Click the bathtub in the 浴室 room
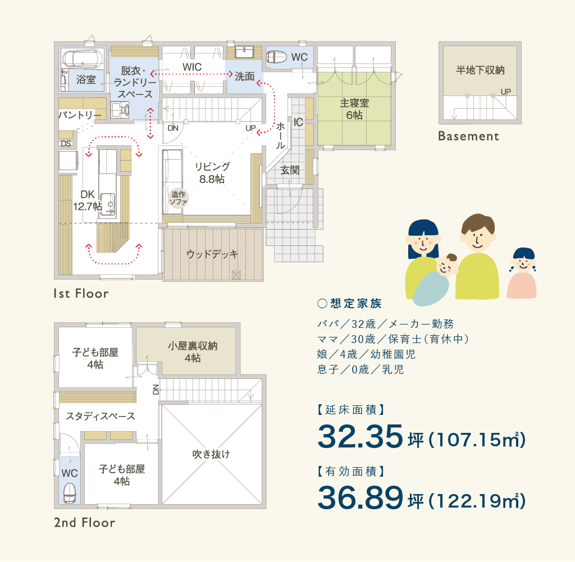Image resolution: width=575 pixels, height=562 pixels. (x=83, y=58)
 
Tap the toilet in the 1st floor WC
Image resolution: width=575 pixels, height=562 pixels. (x=276, y=57)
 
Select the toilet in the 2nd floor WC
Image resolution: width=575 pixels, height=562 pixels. (x=69, y=492)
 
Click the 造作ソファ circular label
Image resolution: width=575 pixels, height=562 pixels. (x=179, y=198)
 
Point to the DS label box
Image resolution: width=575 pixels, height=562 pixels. (x=66, y=144)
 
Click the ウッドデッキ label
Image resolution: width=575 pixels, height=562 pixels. (x=212, y=254)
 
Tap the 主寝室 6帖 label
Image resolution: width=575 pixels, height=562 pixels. (x=354, y=109)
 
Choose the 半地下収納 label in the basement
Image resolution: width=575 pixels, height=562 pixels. (x=480, y=70)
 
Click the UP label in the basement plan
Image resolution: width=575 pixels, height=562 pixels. (x=506, y=92)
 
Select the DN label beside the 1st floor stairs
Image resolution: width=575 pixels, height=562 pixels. (x=173, y=128)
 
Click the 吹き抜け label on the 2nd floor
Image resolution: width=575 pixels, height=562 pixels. (x=211, y=454)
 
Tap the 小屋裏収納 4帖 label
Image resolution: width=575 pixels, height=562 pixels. (x=193, y=351)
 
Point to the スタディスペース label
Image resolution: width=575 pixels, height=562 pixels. (x=101, y=415)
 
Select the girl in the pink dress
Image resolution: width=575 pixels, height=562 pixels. (x=522, y=273)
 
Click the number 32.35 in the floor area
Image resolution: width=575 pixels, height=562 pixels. (x=360, y=436)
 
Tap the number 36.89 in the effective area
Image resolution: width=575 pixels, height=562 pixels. (x=360, y=497)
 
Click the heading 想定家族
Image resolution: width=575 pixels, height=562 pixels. (x=355, y=303)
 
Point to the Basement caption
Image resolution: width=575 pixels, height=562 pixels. (x=469, y=136)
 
